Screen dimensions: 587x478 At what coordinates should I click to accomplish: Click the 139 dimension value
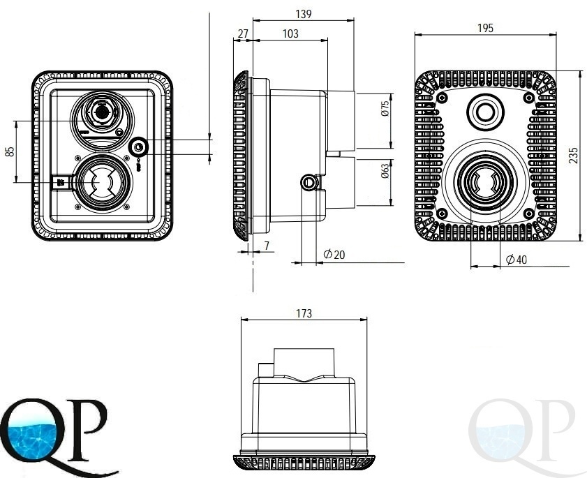303,14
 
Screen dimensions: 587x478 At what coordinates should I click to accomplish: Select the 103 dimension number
290,33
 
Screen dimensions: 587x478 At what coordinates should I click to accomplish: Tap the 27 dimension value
243,33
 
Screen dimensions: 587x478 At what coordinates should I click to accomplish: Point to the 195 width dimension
486,28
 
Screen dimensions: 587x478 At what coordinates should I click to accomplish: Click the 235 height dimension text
573,156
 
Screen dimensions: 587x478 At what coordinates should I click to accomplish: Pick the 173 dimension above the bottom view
304,313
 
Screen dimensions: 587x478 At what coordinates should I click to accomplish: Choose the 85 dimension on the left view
10,151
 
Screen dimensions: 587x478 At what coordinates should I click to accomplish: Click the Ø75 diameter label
385,109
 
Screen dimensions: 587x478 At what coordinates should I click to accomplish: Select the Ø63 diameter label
385,171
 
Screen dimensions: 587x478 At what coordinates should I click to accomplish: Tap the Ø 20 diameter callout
334,255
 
